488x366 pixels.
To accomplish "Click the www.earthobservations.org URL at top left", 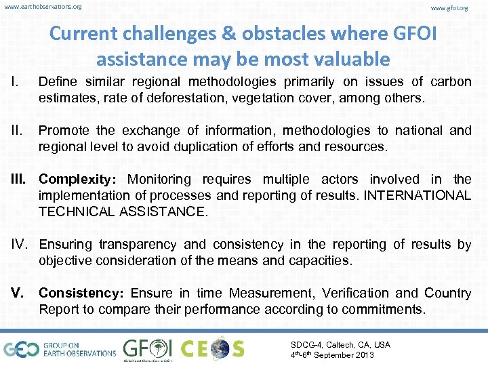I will [x=43, y=7].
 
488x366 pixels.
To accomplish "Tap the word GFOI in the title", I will [x=405, y=33].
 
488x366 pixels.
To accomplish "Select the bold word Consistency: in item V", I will [x=82, y=293].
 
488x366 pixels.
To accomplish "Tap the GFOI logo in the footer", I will [x=147, y=348].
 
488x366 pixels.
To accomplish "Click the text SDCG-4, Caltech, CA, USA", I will [x=340, y=344].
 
